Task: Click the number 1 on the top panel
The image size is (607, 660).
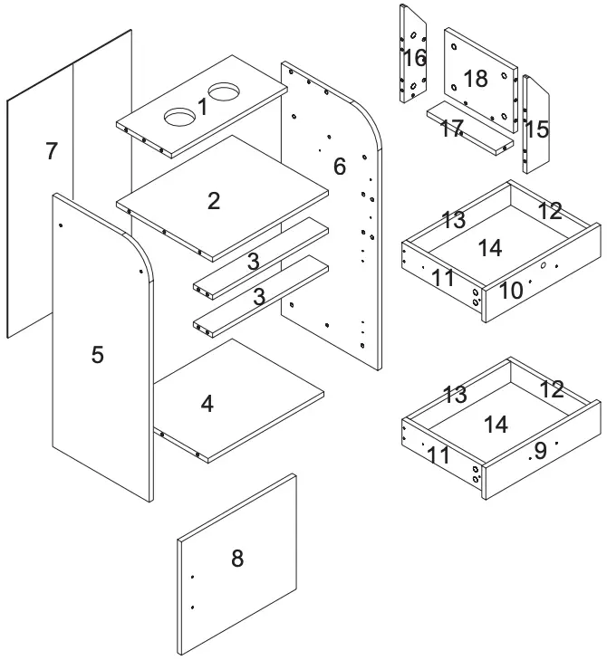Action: click(x=202, y=107)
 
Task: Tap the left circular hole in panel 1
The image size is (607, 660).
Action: click(x=179, y=117)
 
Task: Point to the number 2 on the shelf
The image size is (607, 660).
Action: click(x=213, y=201)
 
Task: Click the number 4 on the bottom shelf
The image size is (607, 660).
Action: click(x=207, y=404)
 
